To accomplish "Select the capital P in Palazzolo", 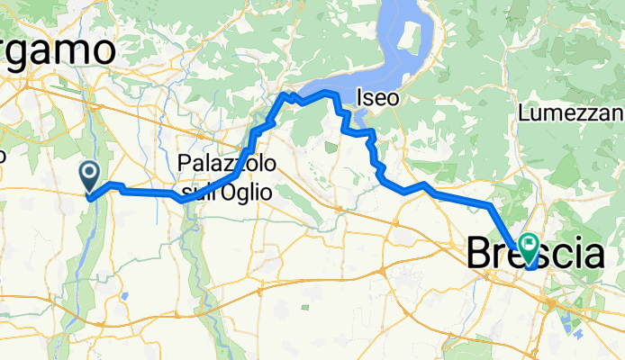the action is click(185, 164).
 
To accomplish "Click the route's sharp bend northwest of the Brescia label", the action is click(491, 206).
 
